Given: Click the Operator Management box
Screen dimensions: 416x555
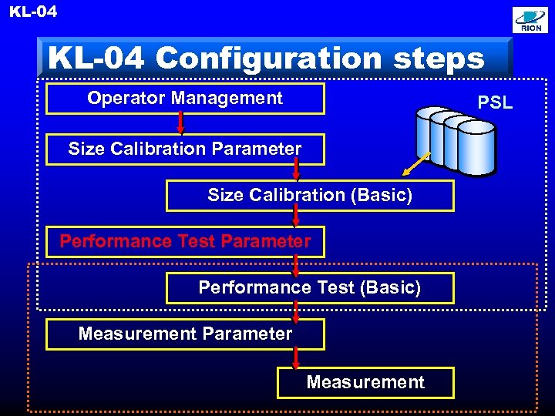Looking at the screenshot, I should click(x=185, y=99).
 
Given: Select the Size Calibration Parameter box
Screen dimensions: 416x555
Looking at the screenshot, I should click(x=185, y=149).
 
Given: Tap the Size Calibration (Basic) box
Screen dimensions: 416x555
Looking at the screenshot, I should click(x=310, y=196).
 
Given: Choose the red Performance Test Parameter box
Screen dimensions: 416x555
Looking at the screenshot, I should click(x=185, y=241).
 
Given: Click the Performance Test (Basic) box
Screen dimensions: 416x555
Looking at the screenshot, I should click(x=310, y=288).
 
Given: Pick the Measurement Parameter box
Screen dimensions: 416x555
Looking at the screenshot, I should click(x=185, y=334).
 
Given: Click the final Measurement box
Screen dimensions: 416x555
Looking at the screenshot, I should click(x=365, y=382).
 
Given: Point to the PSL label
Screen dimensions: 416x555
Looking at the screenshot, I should click(x=495, y=102).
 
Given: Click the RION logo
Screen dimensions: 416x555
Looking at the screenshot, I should click(x=531, y=21).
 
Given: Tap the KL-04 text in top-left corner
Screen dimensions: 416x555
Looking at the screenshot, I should click(x=32, y=12).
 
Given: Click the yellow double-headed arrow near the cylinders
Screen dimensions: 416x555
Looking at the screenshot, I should click(x=417, y=163).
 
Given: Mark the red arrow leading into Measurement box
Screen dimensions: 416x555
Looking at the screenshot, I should click(x=296, y=357).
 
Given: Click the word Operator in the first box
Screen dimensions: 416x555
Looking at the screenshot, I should click(x=126, y=99).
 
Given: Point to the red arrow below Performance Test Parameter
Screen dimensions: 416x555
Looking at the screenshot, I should click(x=296, y=264).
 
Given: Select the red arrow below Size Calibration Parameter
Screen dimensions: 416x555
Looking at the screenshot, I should click(x=296, y=172).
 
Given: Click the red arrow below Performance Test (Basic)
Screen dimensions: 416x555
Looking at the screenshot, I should click(x=296, y=311).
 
